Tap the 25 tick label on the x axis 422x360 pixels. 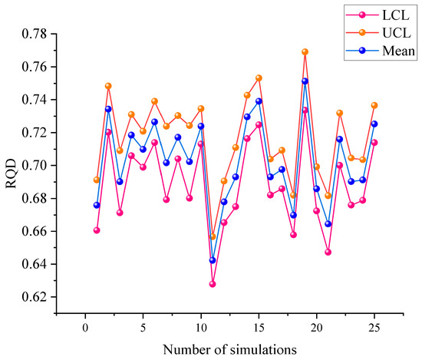374,327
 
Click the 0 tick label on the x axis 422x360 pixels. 85,327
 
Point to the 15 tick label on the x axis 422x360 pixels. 259,327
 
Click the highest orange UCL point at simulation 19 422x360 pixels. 305,51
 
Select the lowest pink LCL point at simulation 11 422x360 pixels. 213,284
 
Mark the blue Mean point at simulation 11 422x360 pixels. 213,260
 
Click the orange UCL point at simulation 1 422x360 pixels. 97,180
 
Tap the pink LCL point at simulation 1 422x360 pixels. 97,230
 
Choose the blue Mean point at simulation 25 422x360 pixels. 374,124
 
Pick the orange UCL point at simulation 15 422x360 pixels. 259,78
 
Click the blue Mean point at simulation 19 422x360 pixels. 305,81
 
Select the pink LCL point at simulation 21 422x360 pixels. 328,252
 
